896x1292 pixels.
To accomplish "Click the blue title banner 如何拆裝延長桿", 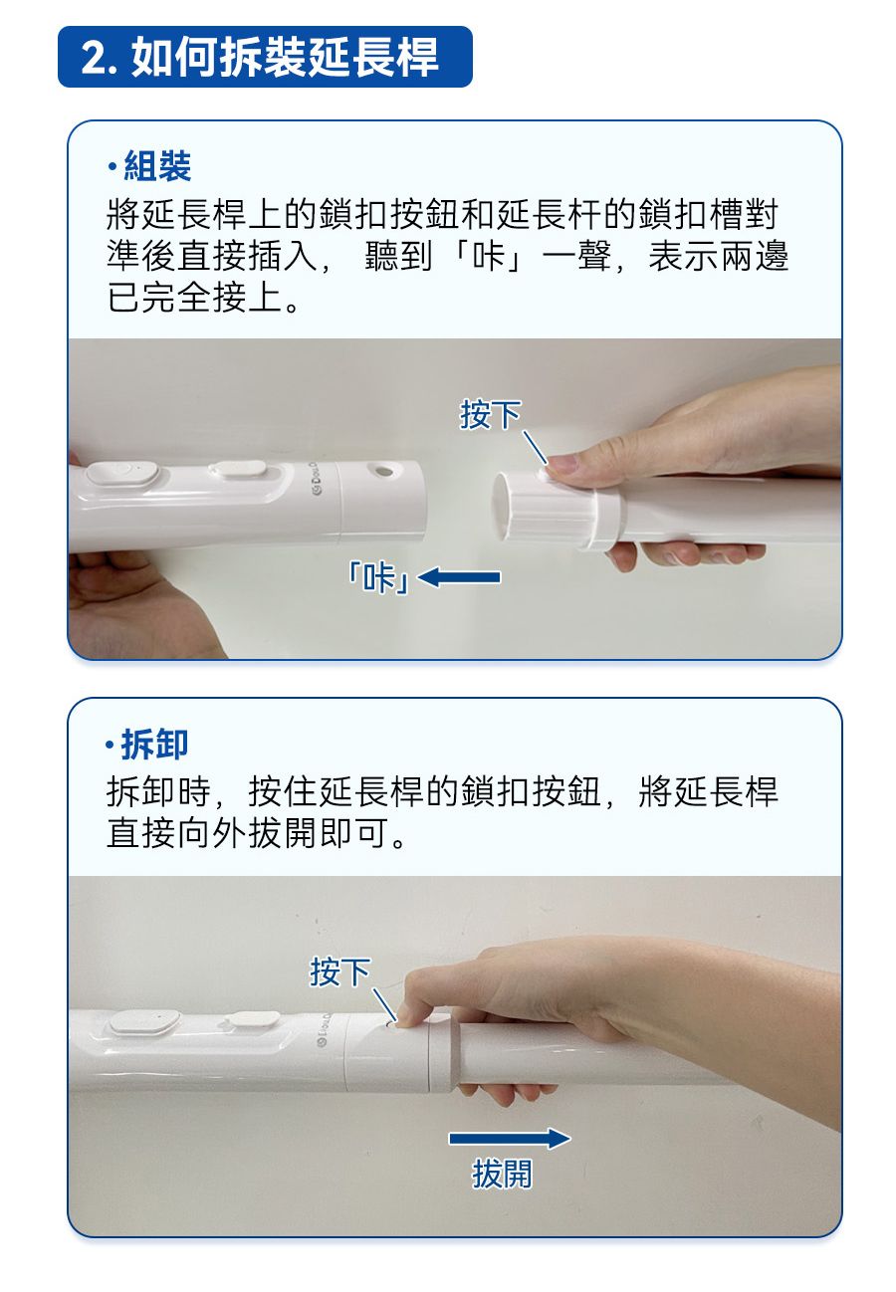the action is click(265, 57).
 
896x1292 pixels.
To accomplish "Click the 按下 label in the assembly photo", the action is click(489, 415).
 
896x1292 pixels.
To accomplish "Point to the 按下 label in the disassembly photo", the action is click(339, 971).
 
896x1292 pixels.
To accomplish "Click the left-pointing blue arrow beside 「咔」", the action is click(459, 577).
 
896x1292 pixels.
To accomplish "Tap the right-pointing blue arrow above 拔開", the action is click(510, 1138).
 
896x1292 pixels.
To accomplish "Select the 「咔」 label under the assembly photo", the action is click(378, 578).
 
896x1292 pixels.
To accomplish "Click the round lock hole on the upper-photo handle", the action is click(381, 471).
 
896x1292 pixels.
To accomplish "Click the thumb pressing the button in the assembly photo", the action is click(563, 462).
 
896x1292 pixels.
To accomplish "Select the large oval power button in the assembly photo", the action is click(122, 474).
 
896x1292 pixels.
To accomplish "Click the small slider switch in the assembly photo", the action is click(237, 469).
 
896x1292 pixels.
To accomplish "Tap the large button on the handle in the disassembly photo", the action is click(144, 1022).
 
